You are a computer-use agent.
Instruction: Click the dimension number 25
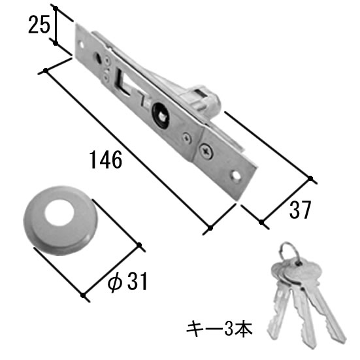[39, 25]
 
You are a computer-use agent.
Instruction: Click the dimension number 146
[106, 159]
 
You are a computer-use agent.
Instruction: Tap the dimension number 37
[300, 210]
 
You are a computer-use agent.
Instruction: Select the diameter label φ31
[127, 282]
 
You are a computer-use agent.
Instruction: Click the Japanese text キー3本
[220, 329]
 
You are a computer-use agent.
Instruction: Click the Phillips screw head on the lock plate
[206, 151]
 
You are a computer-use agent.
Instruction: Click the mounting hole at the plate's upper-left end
[81, 44]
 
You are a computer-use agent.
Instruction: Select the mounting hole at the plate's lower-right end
[236, 176]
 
